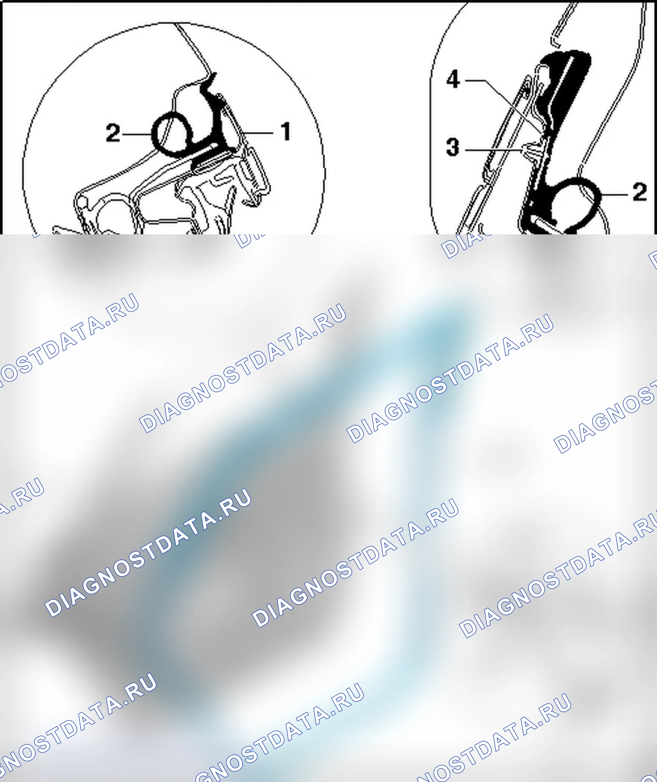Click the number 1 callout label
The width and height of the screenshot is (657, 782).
[x=285, y=132]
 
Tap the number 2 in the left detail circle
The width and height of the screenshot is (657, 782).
[x=113, y=133]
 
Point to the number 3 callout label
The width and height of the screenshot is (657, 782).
[x=453, y=148]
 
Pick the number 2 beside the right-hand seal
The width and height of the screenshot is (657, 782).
[x=639, y=193]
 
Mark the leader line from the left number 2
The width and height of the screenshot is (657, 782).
[x=137, y=134]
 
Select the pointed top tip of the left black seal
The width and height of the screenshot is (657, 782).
[x=215, y=74]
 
